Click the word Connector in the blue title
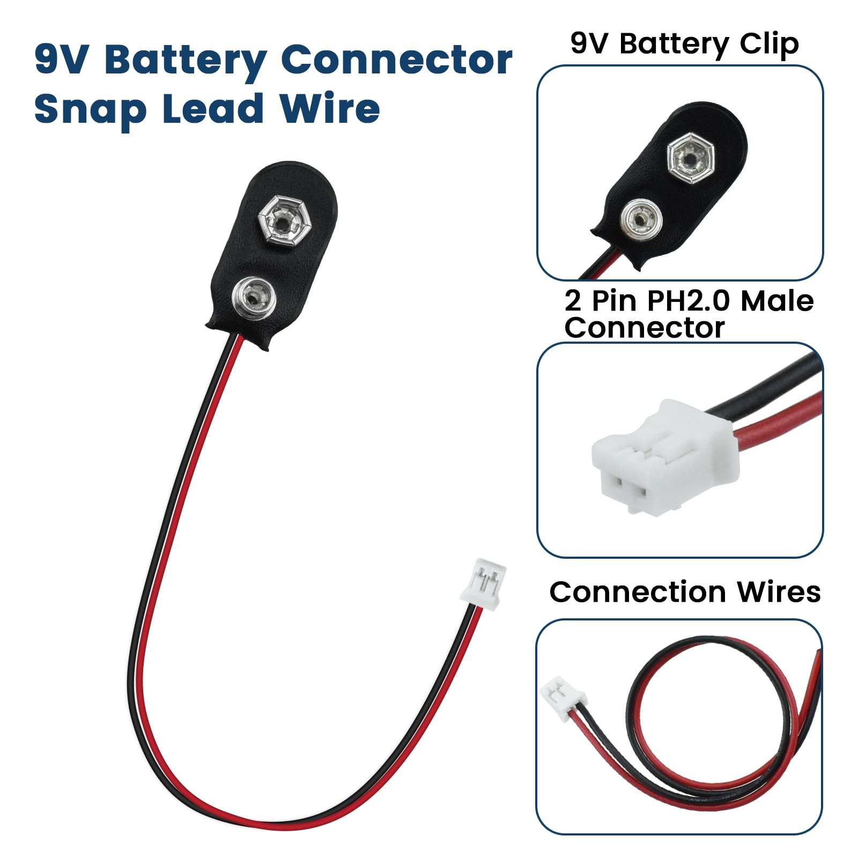pyautogui.click(x=396, y=60)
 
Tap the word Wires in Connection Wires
pyautogui.click(x=779, y=592)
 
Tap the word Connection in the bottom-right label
pyautogui.click(x=637, y=592)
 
